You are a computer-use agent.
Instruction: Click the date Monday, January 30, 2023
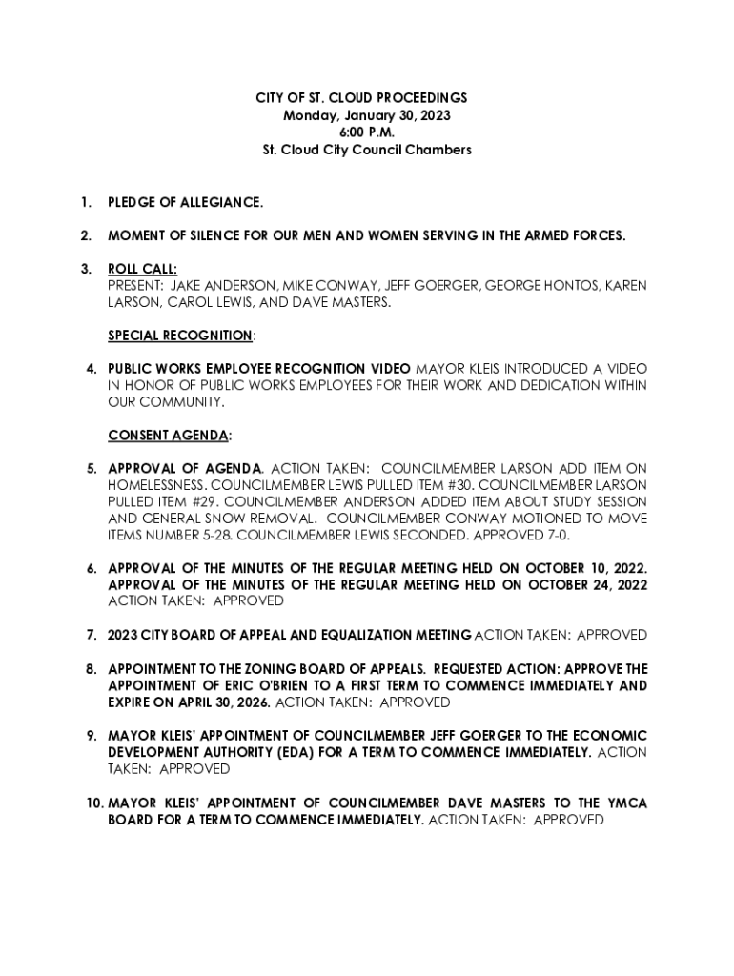(367, 115)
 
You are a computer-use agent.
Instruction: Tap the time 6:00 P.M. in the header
(367, 132)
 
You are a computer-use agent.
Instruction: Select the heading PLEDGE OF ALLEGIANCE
(185, 203)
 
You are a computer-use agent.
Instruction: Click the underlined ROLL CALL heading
(142, 270)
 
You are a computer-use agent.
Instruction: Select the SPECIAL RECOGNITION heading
(180, 335)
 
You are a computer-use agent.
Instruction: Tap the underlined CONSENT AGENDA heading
(169, 436)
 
